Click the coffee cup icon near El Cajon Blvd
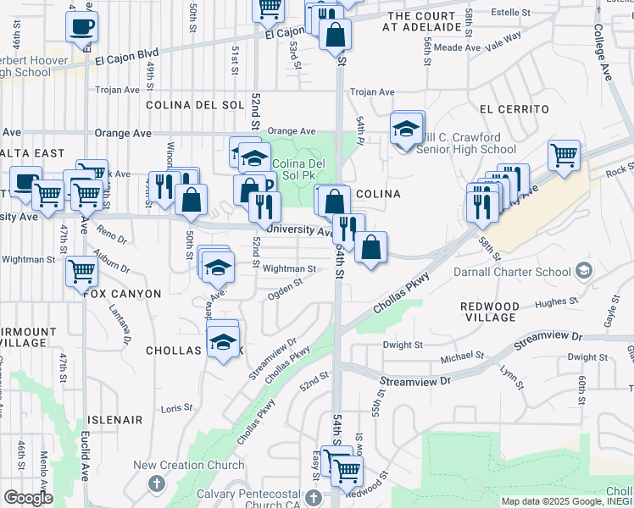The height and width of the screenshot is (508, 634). (81, 25)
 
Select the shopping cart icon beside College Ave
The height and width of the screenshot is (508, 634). (564, 156)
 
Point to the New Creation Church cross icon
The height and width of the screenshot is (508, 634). (155, 483)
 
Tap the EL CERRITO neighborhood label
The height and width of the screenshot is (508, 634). (514, 109)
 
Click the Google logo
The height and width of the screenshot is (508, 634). (28, 498)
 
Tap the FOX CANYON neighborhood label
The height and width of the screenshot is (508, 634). (122, 293)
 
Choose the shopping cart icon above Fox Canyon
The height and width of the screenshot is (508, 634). (81, 272)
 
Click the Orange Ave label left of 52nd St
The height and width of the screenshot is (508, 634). (123, 133)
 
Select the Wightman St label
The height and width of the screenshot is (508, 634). (289, 268)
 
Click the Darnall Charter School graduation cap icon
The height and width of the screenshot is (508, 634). (582, 270)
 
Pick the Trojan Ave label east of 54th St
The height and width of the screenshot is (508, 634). (373, 92)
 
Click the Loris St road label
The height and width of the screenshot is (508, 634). (177, 408)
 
